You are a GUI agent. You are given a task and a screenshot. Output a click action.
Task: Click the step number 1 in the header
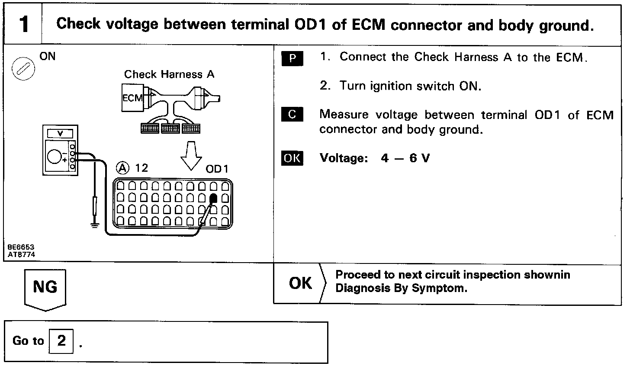tap(24, 25)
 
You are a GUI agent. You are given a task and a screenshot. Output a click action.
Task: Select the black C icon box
tap(292, 115)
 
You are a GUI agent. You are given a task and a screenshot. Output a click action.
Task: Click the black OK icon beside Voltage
tap(292, 158)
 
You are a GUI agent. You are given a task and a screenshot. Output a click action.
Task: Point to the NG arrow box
tap(45, 288)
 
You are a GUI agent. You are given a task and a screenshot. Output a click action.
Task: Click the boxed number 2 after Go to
tap(61, 341)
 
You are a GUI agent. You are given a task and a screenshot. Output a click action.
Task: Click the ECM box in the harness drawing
tap(132, 99)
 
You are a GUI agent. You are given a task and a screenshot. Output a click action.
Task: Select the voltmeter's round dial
tap(55, 157)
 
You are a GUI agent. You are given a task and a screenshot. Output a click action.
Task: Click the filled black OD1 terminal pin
tap(213, 199)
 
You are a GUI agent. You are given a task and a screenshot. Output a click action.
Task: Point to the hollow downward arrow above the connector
tap(191, 156)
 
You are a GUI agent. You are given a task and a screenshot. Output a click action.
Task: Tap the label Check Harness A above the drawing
tap(169, 74)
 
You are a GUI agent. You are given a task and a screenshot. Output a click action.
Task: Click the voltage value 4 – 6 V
tap(405, 158)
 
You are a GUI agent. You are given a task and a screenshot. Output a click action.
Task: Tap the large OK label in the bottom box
tap(300, 283)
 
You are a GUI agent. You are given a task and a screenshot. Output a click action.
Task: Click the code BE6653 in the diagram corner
tap(21, 247)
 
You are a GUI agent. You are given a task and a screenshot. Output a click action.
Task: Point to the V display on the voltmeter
tap(60, 133)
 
